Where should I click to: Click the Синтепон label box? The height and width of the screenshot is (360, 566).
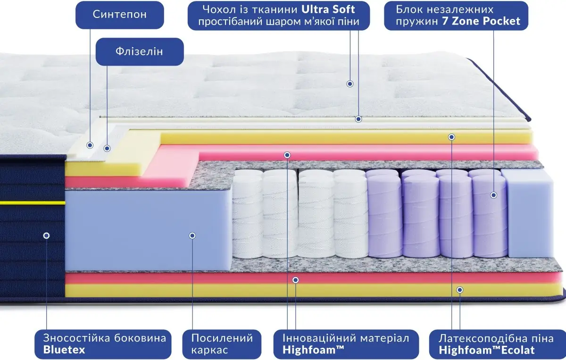[x=120, y=14]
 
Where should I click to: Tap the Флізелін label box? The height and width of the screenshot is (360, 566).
[x=139, y=51]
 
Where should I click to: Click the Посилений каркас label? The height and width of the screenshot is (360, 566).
[x=222, y=344]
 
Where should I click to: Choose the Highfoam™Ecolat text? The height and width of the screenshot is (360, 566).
[x=487, y=350]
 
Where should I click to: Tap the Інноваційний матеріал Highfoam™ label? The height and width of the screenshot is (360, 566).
[x=346, y=344]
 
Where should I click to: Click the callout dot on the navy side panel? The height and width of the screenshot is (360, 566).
[x=46, y=235]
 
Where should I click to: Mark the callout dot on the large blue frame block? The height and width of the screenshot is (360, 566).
[x=192, y=235]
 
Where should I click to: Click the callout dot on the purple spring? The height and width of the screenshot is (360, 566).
[x=494, y=194]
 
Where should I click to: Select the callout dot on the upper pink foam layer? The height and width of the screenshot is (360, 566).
[x=287, y=155]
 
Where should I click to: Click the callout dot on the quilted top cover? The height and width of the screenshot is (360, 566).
[x=350, y=84]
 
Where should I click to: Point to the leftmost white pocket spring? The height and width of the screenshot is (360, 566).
[x=247, y=215]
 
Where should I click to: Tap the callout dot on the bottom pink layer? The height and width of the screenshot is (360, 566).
[x=296, y=280]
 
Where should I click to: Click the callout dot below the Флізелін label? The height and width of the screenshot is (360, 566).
[x=107, y=148]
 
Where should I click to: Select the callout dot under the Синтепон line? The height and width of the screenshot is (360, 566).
[x=90, y=145]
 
